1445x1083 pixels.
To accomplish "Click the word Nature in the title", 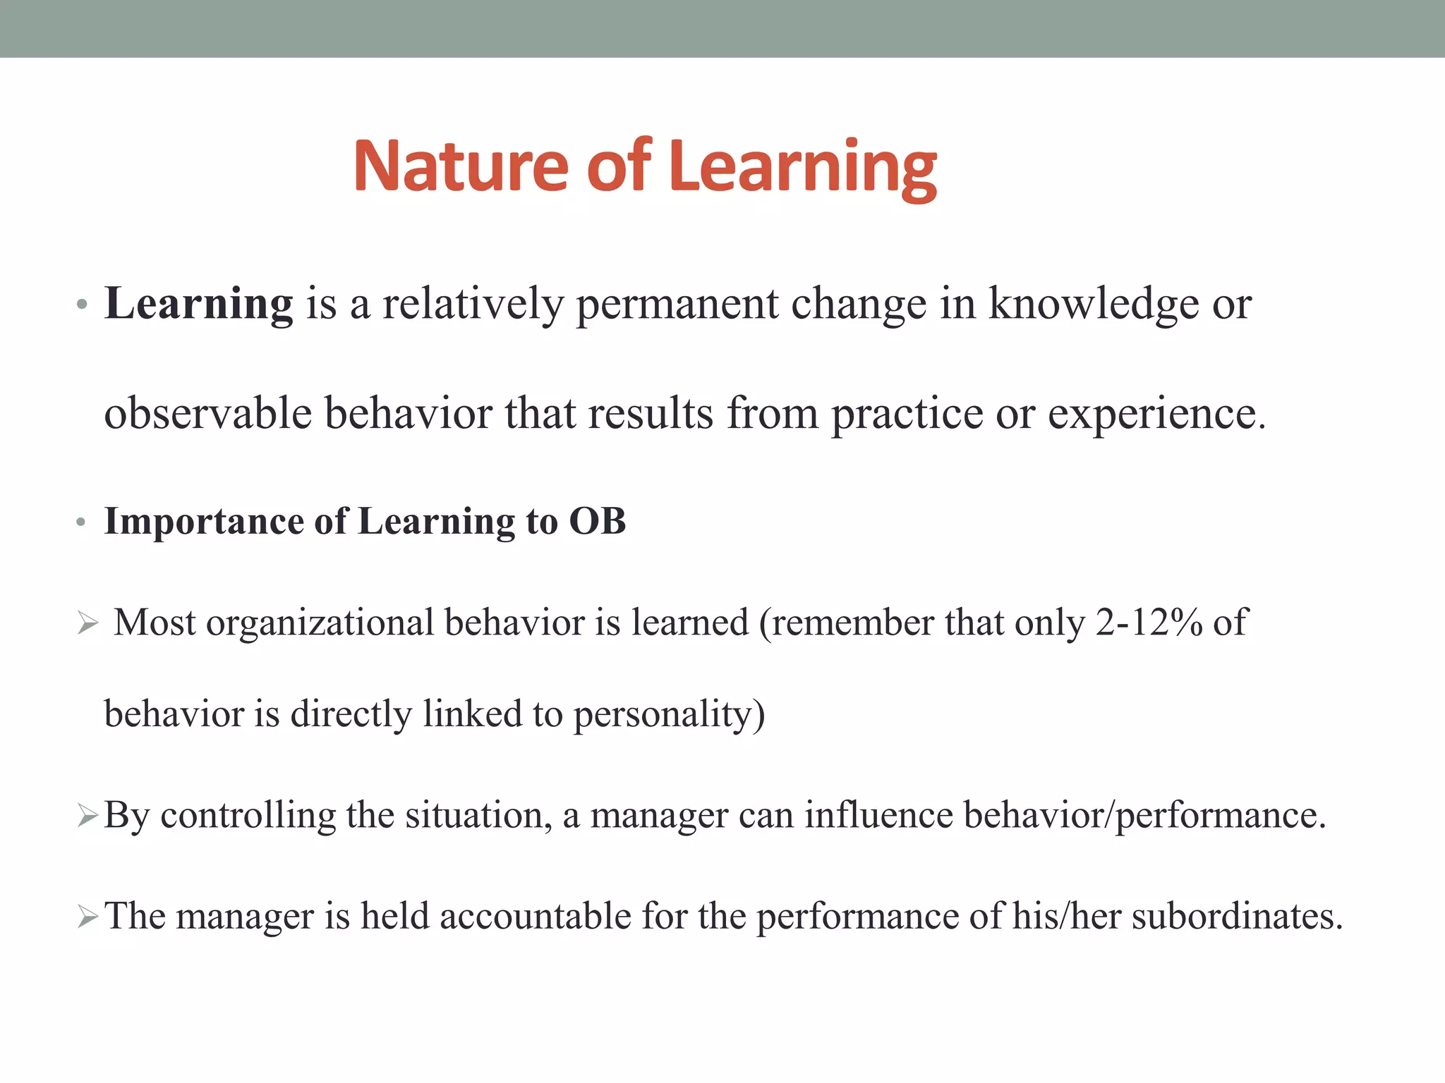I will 460,166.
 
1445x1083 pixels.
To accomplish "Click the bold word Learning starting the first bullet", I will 198,304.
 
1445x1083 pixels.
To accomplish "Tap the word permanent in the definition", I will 677,304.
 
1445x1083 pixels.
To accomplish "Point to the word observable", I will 207,413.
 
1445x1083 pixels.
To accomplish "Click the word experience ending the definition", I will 1156,413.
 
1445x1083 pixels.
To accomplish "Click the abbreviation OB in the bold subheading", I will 597,522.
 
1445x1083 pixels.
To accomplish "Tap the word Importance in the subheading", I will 204,522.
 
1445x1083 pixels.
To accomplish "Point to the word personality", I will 669,714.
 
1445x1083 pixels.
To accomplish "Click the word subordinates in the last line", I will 1237,917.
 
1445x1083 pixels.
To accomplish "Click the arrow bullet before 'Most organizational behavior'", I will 87,624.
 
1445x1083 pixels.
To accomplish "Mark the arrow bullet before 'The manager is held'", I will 87,917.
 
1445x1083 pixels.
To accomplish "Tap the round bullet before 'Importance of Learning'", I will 81,523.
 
